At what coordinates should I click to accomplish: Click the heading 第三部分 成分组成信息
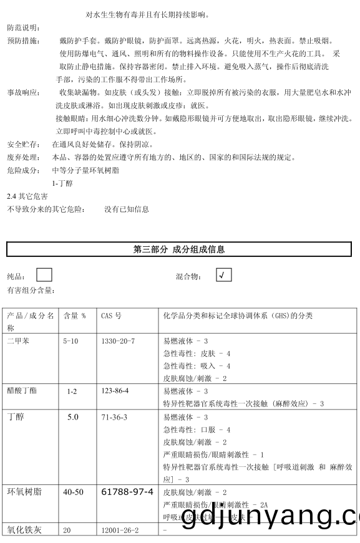179,249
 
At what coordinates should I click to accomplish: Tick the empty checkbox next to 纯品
44,275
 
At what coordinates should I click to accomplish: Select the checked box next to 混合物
224,275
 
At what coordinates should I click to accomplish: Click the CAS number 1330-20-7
118,341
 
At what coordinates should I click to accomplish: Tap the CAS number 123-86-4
115,391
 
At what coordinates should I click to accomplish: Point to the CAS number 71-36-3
114,416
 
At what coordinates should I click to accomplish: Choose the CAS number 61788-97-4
127,492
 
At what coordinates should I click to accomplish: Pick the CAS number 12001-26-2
120,530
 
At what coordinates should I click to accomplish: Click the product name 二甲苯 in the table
19,341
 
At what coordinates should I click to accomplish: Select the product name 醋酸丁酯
22,391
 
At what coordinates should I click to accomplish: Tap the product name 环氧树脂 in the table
24,492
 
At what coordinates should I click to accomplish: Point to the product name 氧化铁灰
24,531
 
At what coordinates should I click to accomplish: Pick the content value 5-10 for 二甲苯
71,341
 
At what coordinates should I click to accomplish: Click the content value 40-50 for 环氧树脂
73,492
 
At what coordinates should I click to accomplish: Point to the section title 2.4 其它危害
27,196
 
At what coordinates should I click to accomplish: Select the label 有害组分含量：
31,291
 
